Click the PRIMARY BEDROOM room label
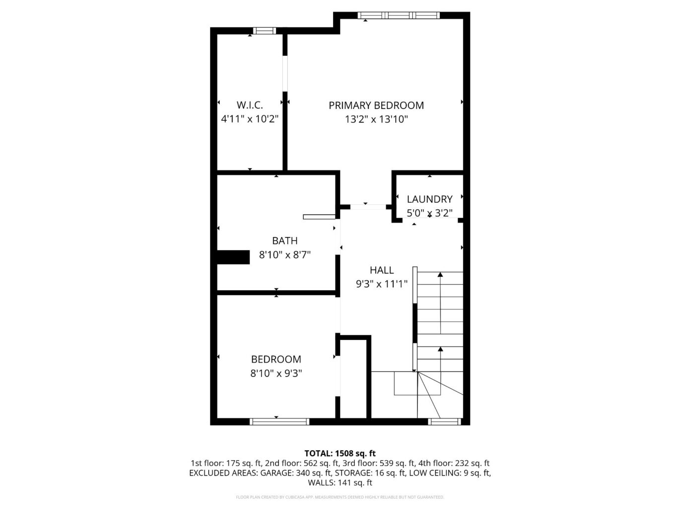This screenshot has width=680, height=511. pyautogui.click(x=376, y=105)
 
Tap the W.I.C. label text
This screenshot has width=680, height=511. pyautogui.click(x=250, y=105)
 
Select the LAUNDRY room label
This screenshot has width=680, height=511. pyautogui.click(x=429, y=199)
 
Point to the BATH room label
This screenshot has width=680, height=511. pyautogui.click(x=284, y=241)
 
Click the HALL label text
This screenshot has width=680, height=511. pyautogui.click(x=382, y=270)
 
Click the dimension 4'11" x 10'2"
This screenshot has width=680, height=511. pyautogui.click(x=250, y=119)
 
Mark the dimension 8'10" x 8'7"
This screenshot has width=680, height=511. pyautogui.click(x=284, y=255)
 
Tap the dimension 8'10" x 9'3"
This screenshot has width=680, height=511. pyautogui.click(x=276, y=373)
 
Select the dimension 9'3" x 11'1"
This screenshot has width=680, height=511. pyautogui.click(x=382, y=284)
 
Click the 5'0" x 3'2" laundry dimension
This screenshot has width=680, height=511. pyautogui.click(x=429, y=213)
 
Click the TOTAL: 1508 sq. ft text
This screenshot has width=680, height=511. pyautogui.click(x=340, y=453)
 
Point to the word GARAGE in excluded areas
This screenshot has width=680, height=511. pyautogui.click(x=275, y=473)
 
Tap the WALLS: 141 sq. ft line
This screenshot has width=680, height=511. pyautogui.click(x=340, y=483)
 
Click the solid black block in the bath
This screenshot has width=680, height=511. pyautogui.click(x=233, y=257)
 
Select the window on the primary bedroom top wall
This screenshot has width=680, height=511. pyautogui.click(x=399, y=15)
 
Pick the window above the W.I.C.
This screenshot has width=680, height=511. pyautogui.click(x=264, y=31)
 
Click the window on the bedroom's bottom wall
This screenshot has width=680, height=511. pyautogui.click(x=279, y=422)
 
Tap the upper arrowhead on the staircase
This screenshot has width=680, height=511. pyautogui.click(x=440, y=274)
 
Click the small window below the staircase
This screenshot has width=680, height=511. pyautogui.click(x=444, y=422)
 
